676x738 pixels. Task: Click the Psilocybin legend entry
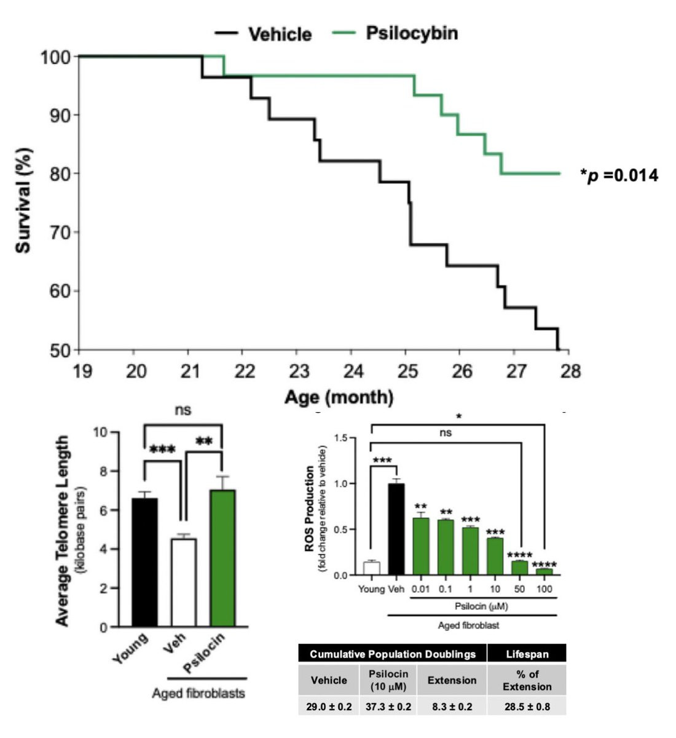(x=395, y=33)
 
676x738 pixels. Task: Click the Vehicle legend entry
(x=263, y=34)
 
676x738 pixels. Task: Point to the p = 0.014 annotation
(x=619, y=175)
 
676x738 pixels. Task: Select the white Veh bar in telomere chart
(x=184, y=583)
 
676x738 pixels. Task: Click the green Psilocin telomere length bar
(x=222, y=558)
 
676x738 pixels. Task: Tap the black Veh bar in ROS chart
(x=396, y=530)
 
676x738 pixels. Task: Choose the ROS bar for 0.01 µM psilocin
(x=421, y=547)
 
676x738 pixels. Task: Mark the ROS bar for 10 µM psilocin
(x=495, y=557)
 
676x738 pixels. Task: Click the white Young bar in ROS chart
(x=371, y=568)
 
